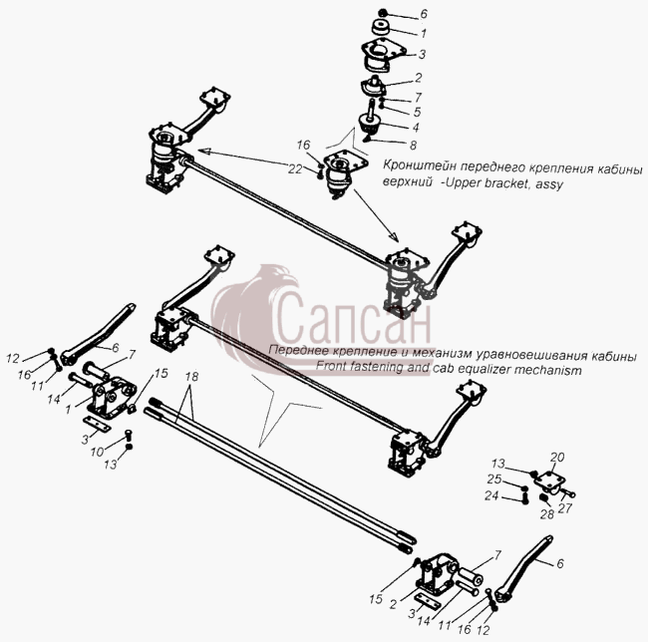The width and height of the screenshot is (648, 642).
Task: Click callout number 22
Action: pyautogui.click(x=295, y=168)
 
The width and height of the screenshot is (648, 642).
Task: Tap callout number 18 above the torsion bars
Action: pyautogui.click(x=191, y=377)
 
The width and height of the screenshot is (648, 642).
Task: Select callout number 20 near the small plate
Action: pyautogui.click(x=557, y=458)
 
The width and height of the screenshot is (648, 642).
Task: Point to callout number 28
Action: pyautogui.click(x=546, y=514)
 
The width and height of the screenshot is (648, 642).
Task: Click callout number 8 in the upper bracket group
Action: pyautogui.click(x=413, y=145)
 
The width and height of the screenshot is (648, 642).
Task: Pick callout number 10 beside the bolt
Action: pyautogui.click(x=97, y=452)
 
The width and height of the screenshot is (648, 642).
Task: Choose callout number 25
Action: pyautogui.click(x=494, y=480)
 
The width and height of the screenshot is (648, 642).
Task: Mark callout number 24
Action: pyautogui.click(x=491, y=495)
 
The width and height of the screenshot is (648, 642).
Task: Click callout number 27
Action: pyautogui.click(x=565, y=508)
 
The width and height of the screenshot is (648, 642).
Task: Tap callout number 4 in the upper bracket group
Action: pyautogui.click(x=416, y=128)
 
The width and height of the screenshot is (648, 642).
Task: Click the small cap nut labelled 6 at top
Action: pyautogui.click(x=383, y=13)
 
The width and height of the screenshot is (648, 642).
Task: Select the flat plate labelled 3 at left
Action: pyautogui.click(x=97, y=425)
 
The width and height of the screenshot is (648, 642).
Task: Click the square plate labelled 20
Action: pyautogui.click(x=550, y=481)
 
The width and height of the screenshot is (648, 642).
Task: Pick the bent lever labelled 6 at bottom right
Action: pyautogui.click(x=525, y=568)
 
